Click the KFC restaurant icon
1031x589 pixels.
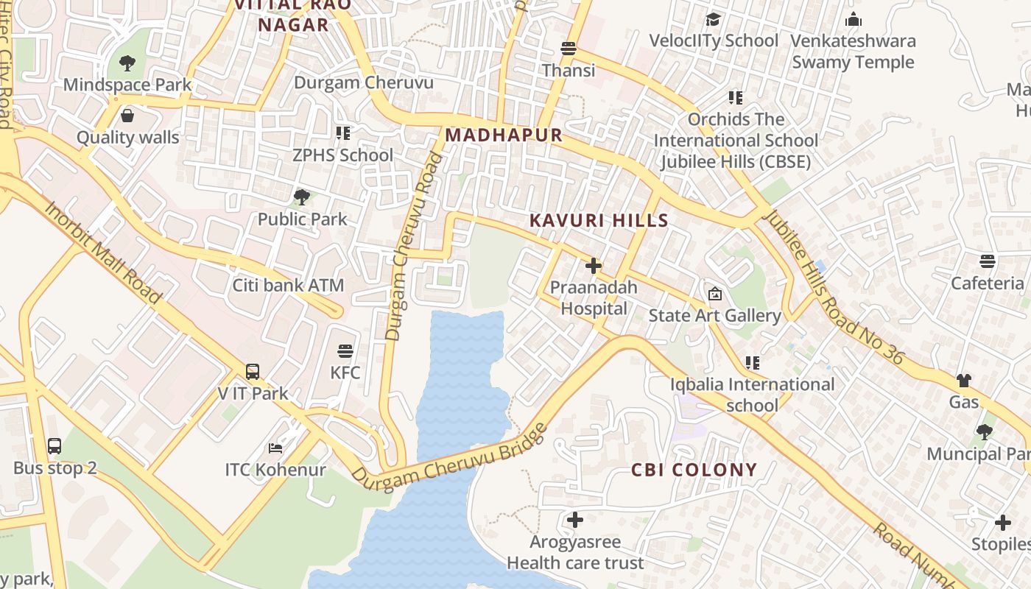coord(345,351)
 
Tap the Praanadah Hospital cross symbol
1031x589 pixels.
coord(594,266)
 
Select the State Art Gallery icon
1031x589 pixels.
coord(714,294)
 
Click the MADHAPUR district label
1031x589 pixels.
coord(504,135)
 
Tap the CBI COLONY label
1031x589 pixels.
coord(694,470)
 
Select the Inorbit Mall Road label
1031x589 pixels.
coord(102,251)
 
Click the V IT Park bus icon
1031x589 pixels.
coord(253,372)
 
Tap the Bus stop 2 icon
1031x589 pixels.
coord(54,445)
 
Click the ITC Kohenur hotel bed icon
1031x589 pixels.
coord(275,448)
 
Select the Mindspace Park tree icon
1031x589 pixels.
coord(127,63)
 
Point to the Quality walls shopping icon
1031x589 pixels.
coord(127,116)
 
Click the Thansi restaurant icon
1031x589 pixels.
coord(568,49)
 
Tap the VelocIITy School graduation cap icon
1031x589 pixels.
coord(713,19)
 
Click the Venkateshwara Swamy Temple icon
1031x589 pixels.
coord(854,19)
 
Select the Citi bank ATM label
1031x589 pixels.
coord(288,285)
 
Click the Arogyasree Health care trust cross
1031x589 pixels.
coord(575,521)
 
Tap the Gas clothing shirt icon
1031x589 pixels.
coord(963,381)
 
